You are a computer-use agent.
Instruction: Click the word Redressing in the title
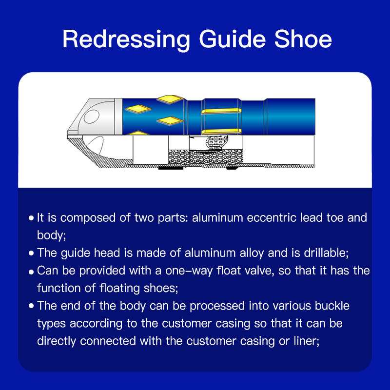point(126,40)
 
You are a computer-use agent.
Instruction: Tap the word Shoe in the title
point(303,39)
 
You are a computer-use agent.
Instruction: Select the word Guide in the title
point(233,39)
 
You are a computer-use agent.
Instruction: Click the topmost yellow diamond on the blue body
point(170,99)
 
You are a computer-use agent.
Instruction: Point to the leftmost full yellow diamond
point(138,109)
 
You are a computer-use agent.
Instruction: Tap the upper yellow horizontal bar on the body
point(221,111)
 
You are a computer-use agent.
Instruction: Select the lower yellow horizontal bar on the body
point(221,132)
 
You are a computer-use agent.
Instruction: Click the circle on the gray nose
point(92,117)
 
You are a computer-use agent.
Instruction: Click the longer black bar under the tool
point(171,168)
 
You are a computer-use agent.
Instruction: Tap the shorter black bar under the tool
point(233,168)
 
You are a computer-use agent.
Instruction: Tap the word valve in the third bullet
point(259,271)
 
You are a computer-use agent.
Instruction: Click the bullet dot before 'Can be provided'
point(31,272)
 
